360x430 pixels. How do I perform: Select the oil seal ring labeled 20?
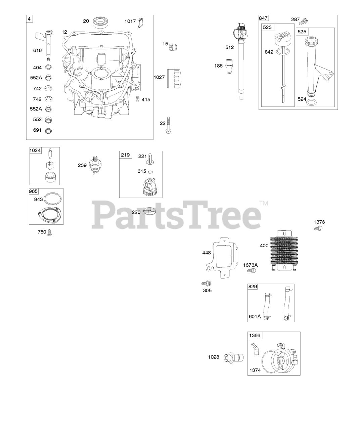101,22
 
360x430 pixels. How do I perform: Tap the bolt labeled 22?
168,125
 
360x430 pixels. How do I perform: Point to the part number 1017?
130,21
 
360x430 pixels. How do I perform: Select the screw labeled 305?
207,284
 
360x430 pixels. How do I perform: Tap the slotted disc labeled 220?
150,211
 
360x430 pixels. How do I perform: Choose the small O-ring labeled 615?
150,171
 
